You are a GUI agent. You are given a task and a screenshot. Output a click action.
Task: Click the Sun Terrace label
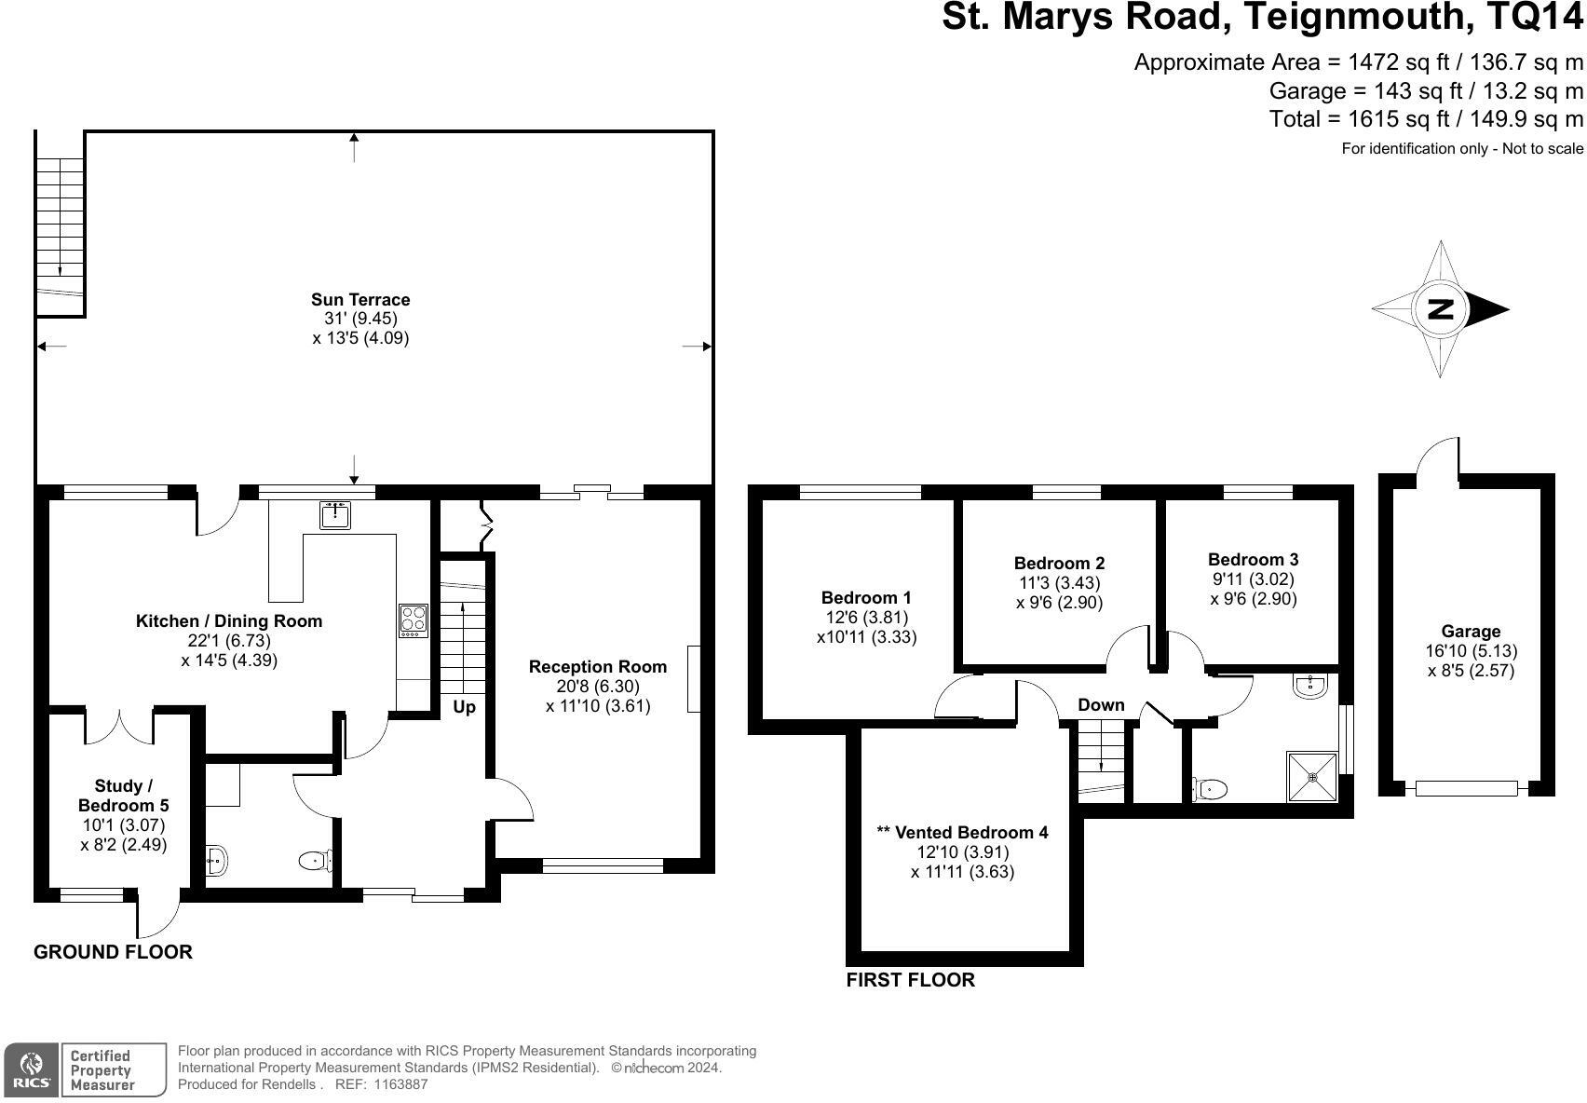tap(360, 300)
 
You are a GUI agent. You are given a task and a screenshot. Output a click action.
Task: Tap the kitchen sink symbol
tap(335, 514)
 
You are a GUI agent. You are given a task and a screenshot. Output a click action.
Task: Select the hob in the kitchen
tap(414, 620)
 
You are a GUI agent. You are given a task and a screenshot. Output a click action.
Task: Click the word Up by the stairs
tap(464, 707)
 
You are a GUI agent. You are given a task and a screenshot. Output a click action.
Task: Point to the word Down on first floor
tap(1101, 704)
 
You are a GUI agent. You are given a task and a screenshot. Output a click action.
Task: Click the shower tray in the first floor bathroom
tap(1313, 778)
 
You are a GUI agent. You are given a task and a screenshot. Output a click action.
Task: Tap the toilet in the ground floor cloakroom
tap(316, 861)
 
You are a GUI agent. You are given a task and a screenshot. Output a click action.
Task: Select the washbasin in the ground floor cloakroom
tap(217, 862)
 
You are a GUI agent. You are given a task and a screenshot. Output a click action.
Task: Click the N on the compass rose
tap(1441, 309)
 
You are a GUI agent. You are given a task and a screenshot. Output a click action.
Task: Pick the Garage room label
tap(1471, 631)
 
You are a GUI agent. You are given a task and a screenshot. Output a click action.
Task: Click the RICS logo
tap(31, 1069)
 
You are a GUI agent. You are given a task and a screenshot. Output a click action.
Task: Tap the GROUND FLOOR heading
tap(114, 952)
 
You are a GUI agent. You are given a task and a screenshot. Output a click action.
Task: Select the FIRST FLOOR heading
tap(911, 980)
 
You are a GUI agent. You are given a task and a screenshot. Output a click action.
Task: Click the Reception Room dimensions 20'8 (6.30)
tap(598, 687)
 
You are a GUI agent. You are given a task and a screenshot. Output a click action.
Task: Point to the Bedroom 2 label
tap(1059, 563)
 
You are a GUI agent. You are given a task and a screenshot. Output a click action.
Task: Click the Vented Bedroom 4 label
tap(962, 832)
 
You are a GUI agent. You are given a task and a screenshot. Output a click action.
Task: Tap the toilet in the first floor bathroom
tap(1210, 788)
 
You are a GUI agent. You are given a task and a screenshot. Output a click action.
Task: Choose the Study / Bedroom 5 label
tap(123, 796)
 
